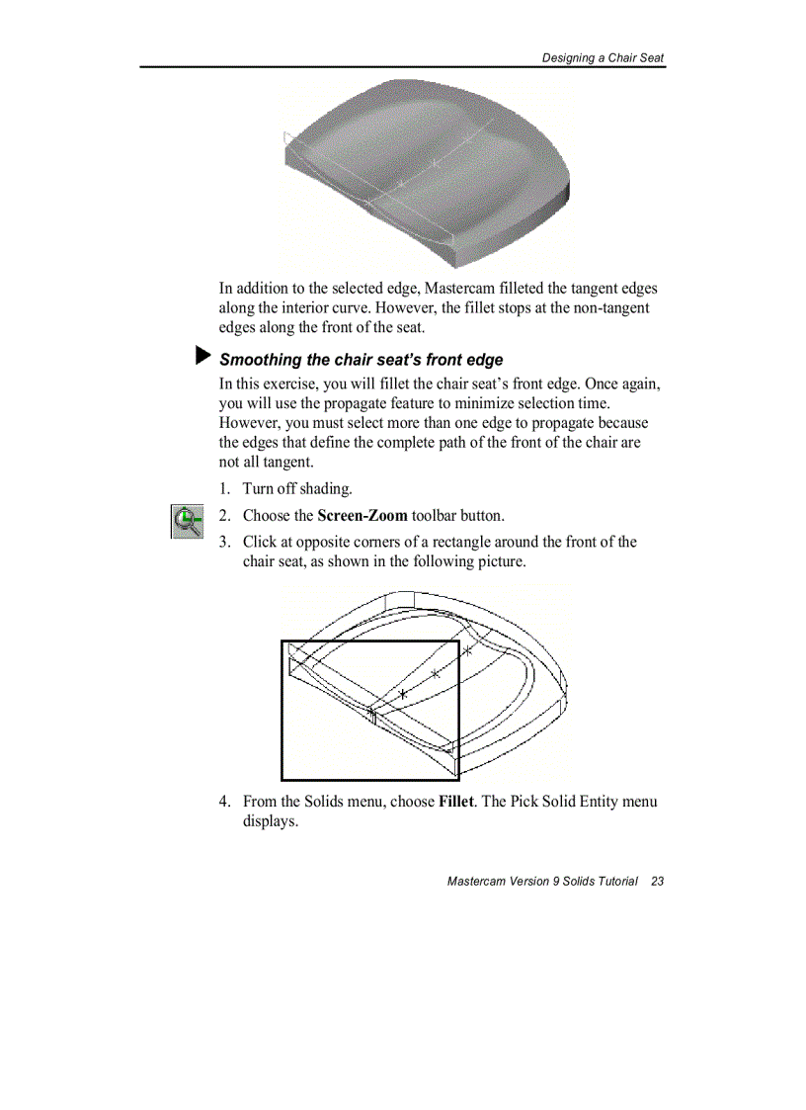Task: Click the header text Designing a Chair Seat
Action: (x=603, y=57)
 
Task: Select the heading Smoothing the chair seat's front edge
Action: (x=361, y=360)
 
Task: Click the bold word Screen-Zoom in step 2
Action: (x=363, y=516)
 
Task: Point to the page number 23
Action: (x=657, y=881)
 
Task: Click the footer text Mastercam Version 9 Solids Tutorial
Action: (x=541, y=881)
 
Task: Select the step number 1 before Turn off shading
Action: (x=224, y=489)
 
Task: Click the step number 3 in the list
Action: (x=224, y=542)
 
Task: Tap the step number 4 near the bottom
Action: (x=224, y=801)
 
